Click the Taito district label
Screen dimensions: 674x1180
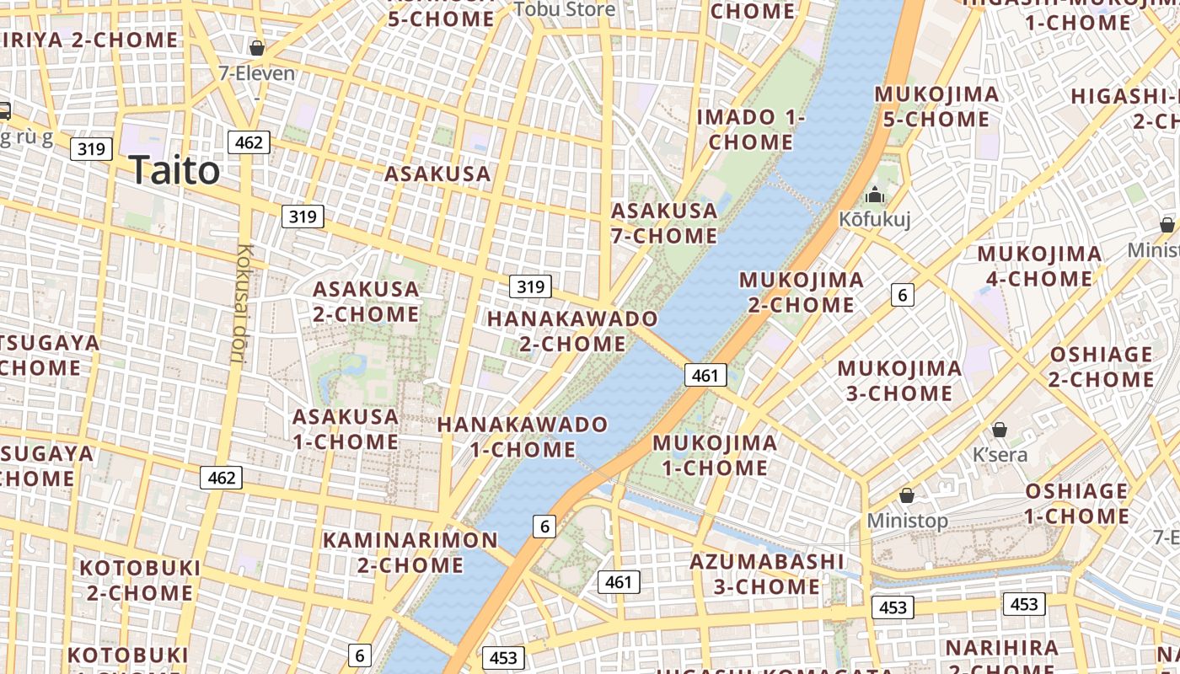174,170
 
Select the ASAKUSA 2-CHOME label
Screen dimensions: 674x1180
366,302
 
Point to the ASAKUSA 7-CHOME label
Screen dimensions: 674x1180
664,222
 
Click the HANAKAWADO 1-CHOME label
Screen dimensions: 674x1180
523,436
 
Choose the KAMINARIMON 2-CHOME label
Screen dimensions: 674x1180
410,552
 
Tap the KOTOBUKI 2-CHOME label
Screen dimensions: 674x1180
140,580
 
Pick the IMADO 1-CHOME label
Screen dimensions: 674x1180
750,129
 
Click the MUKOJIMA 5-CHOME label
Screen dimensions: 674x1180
936,106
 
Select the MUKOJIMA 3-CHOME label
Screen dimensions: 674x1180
899,381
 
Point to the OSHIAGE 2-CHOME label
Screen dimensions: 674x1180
1100,366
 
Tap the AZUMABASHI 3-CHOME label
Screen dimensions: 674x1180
767,573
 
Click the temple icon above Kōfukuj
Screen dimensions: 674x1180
874,195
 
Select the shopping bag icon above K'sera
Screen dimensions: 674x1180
1000,430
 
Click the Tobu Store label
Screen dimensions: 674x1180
565,9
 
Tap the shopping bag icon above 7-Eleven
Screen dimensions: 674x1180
256,48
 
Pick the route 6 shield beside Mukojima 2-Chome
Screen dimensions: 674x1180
902,295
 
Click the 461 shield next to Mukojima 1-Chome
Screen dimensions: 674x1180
705,376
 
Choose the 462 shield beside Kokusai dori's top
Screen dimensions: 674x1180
249,142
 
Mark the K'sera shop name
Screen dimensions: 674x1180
1000,455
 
